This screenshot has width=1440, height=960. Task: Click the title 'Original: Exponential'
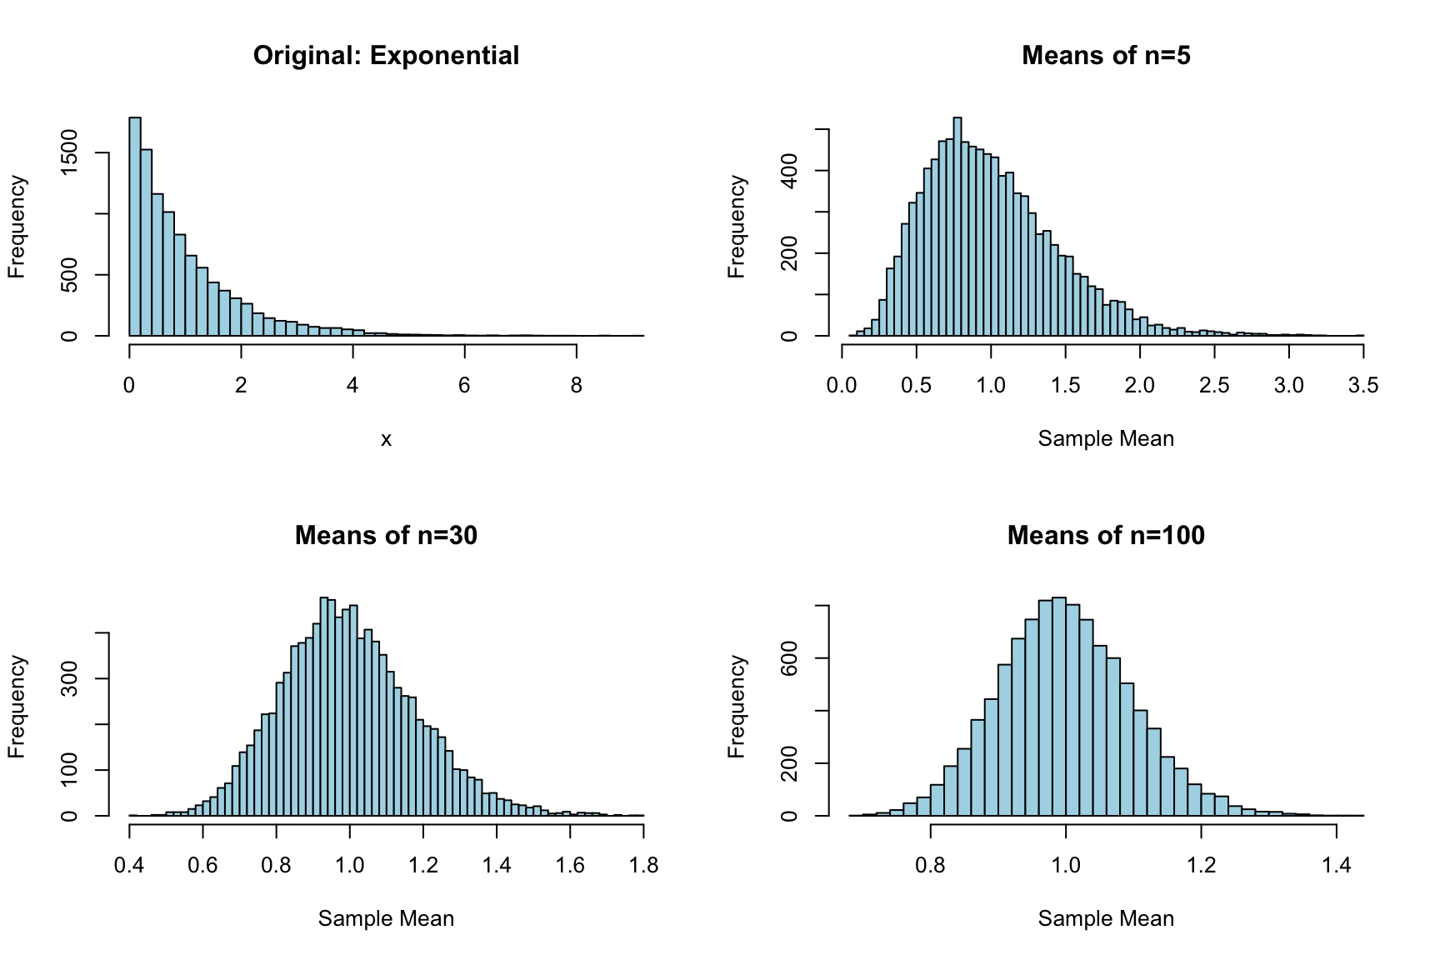[x=386, y=56]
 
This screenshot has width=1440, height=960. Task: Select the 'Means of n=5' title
[x=1106, y=56]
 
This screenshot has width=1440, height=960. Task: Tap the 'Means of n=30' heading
[x=386, y=535]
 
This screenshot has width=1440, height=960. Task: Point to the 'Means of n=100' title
[x=1106, y=535]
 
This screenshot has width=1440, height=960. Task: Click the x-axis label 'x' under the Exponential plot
[x=386, y=439]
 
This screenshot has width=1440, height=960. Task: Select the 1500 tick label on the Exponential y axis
[x=70, y=152]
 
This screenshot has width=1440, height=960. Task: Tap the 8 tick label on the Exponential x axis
[x=576, y=386]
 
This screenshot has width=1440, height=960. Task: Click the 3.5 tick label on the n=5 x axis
[x=1362, y=386]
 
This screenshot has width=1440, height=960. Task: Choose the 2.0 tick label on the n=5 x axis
[x=1140, y=386]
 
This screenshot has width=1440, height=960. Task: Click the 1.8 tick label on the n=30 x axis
[x=642, y=866]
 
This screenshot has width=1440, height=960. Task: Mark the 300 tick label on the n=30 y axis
[x=70, y=678]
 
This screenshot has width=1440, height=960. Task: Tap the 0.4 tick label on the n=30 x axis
[x=129, y=866]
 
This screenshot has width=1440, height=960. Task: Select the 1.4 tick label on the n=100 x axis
[x=1336, y=866]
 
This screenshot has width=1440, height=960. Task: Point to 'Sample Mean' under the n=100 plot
[x=1106, y=919]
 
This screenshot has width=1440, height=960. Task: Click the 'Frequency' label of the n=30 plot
[x=17, y=707]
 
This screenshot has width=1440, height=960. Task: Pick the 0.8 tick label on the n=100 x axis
[x=931, y=866]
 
